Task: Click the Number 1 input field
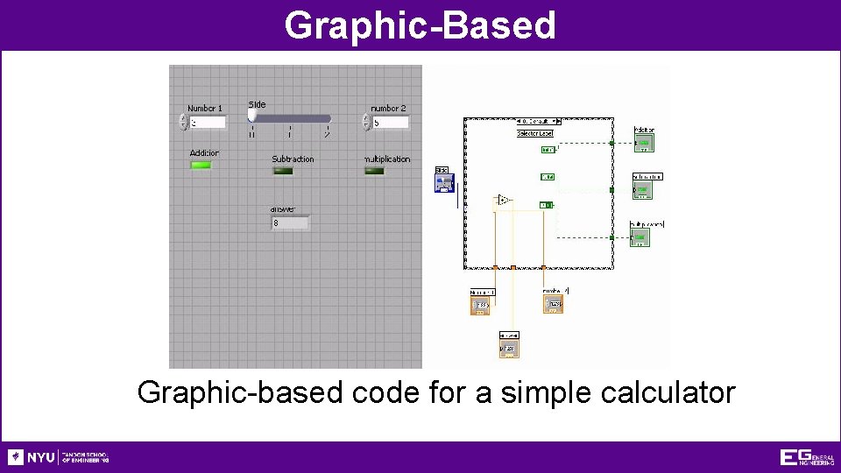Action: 208,123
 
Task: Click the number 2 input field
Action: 390,123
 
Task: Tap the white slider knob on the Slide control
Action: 252,115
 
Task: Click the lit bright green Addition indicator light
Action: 201,165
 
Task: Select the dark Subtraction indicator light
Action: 283,171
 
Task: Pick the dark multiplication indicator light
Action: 374,171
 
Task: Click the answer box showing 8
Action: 290,223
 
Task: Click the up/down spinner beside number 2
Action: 366,123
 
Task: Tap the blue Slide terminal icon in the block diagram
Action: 445,182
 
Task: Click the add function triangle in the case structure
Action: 503,201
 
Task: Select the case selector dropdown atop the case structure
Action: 538,121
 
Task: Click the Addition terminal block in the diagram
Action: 644,142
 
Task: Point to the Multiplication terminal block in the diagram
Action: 640,236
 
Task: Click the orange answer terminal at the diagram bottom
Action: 509,349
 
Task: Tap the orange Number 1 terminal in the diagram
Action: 481,305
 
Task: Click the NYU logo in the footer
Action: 32,457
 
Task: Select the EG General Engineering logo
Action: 806,457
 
